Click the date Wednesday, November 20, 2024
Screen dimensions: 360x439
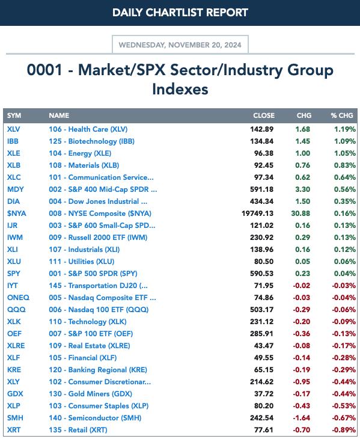click(180, 45)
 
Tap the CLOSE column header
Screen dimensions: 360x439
click(264, 115)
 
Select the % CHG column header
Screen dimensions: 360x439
click(342, 115)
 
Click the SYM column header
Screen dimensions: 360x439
click(14, 115)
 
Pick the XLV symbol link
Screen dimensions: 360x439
click(13, 129)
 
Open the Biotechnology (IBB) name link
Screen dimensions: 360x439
click(92, 141)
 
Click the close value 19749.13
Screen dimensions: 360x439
click(257, 213)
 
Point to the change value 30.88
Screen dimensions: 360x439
click(301, 213)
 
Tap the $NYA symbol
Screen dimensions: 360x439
click(16, 213)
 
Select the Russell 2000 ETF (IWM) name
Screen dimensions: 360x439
click(98, 238)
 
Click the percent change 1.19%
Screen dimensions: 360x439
click(344, 129)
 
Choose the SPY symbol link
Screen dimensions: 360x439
click(13, 274)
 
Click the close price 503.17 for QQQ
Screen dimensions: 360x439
click(261, 310)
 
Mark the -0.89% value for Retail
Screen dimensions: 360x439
click(344, 430)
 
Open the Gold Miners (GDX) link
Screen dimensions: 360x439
click(91, 394)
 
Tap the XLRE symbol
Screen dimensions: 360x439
click(16, 346)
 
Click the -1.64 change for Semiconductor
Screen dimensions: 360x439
click(301, 418)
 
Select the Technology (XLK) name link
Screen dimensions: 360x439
click(88, 322)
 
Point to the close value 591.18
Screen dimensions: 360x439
click(261, 189)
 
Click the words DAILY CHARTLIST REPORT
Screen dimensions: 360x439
click(180, 13)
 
